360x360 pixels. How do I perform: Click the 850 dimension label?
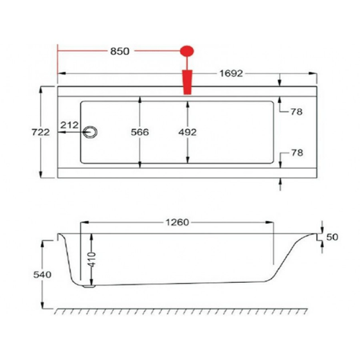pos(120,51)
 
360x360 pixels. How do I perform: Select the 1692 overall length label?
pos(230,73)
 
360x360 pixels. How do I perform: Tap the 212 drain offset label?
pos(69,124)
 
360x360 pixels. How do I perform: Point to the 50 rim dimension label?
pos(332,237)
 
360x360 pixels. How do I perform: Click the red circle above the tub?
pos(187,50)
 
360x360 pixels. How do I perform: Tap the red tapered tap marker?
pos(187,82)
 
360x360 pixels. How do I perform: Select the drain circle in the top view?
pos(92,132)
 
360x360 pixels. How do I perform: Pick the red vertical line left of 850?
pos(58,62)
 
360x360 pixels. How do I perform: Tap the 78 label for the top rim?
pos(296,112)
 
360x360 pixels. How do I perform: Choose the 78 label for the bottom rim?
pos(296,153)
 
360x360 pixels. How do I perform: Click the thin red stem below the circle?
pos(187,64)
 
